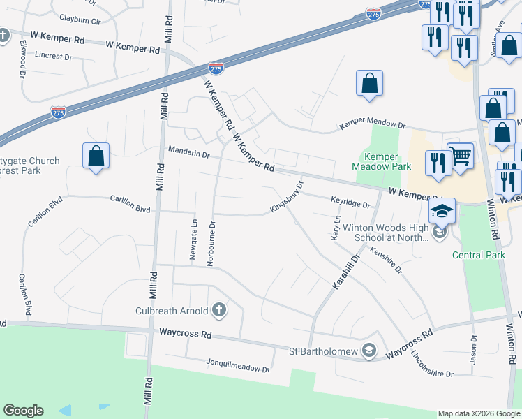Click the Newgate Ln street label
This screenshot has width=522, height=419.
click(x=193, y=239)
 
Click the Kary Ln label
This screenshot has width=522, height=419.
click(x=336, y=228)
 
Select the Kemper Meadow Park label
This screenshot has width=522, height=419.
click(x=381, y=161)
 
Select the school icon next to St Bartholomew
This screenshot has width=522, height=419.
click(x=369, y=351)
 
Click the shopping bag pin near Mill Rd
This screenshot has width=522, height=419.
click(x=96, y=156)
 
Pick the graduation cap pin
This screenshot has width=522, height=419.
click(x=442, y=210)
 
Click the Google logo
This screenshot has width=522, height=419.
click(x=23, y=411)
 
